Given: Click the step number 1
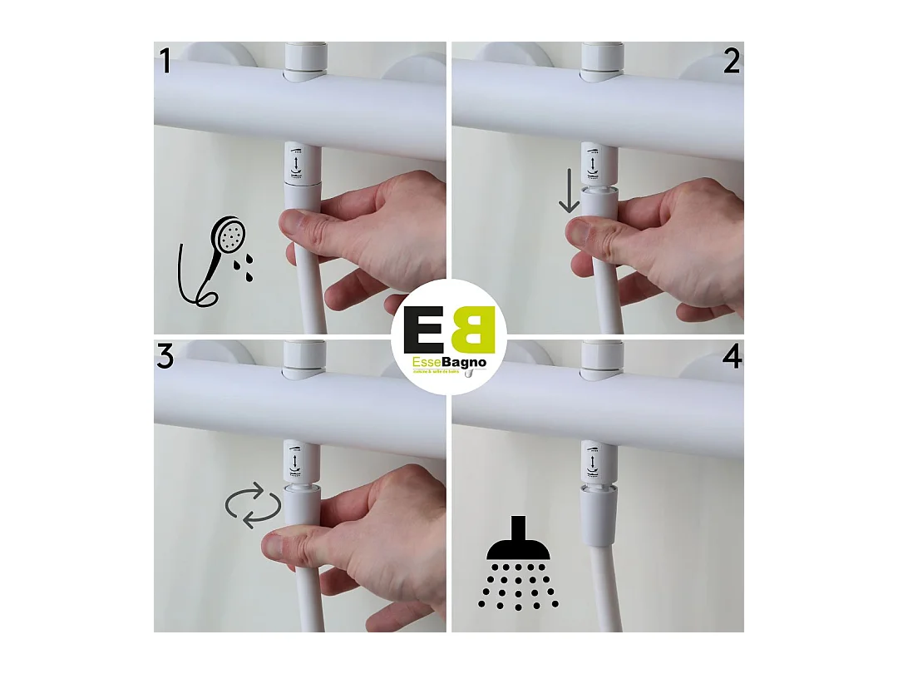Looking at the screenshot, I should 165,61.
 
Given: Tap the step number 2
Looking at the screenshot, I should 731,61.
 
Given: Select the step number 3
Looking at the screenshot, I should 165,357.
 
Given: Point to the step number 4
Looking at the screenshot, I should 732,357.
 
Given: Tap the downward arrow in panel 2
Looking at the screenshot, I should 569,192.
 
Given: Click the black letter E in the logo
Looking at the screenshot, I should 423,330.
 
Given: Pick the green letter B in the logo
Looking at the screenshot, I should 474,330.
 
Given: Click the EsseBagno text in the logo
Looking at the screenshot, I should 449,364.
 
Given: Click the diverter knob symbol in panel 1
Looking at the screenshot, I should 297,161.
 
